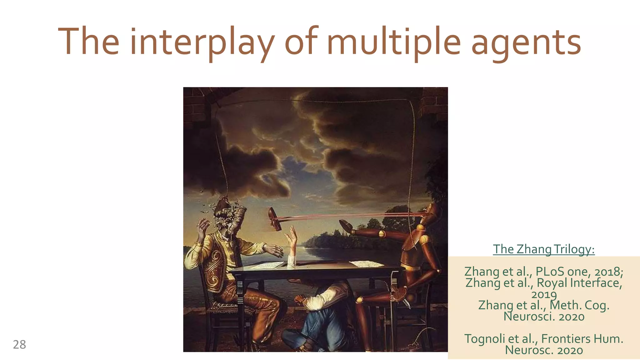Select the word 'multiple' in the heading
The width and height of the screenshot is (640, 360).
point(394,42)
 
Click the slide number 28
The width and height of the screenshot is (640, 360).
point(19,344)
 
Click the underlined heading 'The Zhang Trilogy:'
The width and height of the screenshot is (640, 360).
point(544,249)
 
